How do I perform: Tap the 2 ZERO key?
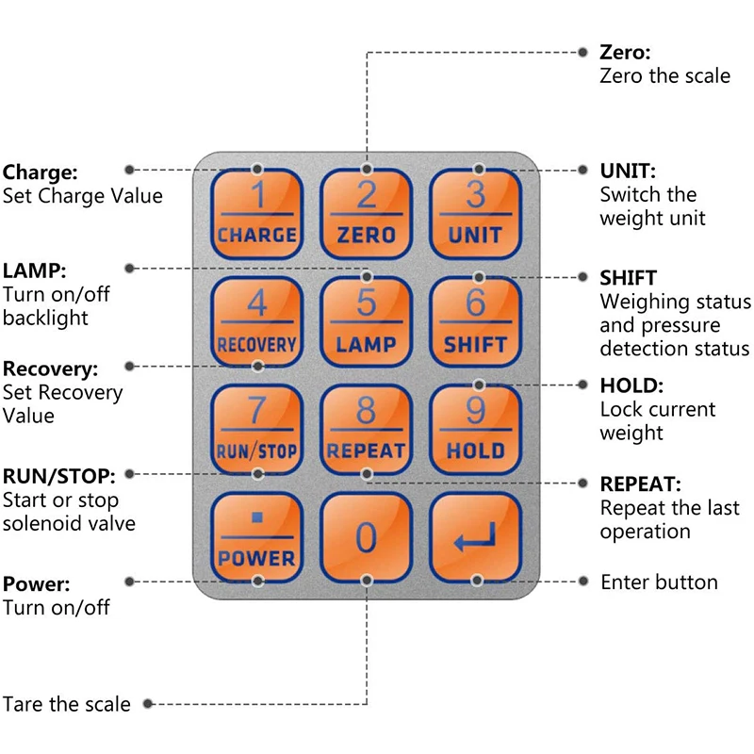[x=367, y=214]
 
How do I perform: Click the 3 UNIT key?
[x=476, y=214]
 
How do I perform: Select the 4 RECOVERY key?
[x=256, y=322]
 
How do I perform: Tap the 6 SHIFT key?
[x=476, y=322]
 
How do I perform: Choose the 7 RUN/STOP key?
[x=256, y=430]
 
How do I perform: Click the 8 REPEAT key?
[x=367, y=430]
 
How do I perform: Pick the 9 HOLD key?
[x=476, y=430]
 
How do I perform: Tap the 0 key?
[x=367, y=538]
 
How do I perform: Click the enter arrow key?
[x=476, y=538]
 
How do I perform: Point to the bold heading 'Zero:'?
[x=625, y=52]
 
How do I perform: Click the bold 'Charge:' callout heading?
[x=40, y=172]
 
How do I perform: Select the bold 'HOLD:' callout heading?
[x=631, y=385]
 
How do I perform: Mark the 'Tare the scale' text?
[x=67, y=704]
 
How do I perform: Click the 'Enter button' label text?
[x=659, y=582]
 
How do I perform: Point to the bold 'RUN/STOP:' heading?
[x=58, y=475]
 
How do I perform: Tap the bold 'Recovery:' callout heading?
[x=50, y=369]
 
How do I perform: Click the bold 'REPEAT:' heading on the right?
[x=640, y=484]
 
